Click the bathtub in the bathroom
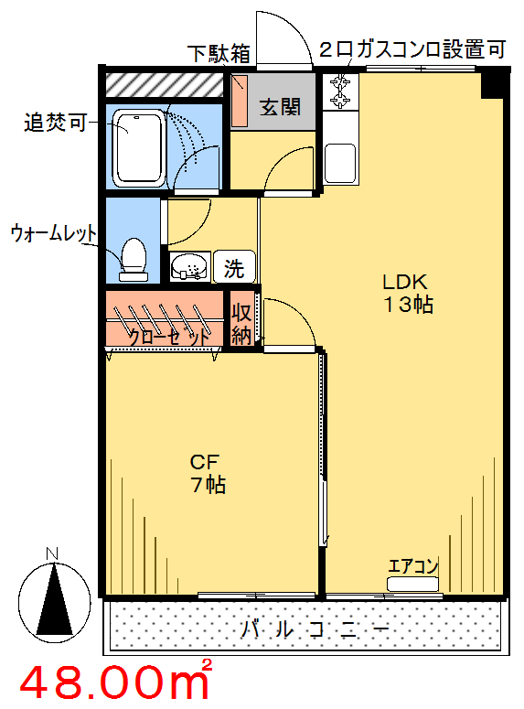coord(138,148)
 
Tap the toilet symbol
coord(134,260)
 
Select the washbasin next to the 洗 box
coord(190,267)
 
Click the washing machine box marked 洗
coord(235,267)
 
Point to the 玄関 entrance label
coord(280,108)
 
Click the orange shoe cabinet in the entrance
coord(240,101)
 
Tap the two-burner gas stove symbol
coord(340,91)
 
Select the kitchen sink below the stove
coord(340,162)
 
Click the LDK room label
coord(404,282)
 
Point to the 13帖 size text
coord(408,305)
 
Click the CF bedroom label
coord(204,462)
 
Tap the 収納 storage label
coord(241,324)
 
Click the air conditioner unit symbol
coord(412,584)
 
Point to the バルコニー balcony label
coord(315,629)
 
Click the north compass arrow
coord(54,598)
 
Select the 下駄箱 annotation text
coord(219,53)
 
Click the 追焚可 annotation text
coord(55,122)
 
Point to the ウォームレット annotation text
coord(53,233)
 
